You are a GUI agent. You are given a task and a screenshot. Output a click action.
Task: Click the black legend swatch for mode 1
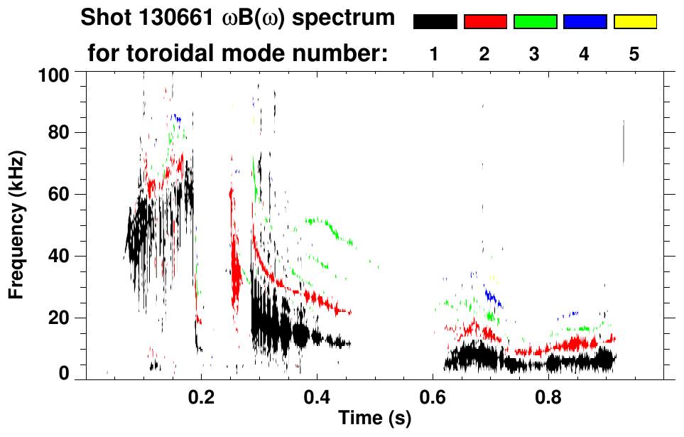(x=435, y=22)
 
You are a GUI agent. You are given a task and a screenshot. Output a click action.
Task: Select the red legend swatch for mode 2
(x=485, y=22)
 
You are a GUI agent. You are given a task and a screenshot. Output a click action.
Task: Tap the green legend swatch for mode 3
(x=535, y=22)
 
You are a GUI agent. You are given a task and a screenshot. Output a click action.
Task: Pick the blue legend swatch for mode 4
(x=585, y=22)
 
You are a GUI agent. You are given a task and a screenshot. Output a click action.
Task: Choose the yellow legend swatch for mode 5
(x=634, y=22)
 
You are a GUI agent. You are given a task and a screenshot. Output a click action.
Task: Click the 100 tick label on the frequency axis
(x=54, y=74)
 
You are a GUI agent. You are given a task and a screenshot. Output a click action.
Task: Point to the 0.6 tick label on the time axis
(x=433, y=398)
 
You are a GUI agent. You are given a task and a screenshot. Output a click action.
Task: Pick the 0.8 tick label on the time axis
(x=548, y=398)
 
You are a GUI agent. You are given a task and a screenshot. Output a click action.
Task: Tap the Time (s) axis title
(x=374, y=419)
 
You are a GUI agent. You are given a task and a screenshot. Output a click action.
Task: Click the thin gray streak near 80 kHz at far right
(x=624, y=142)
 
